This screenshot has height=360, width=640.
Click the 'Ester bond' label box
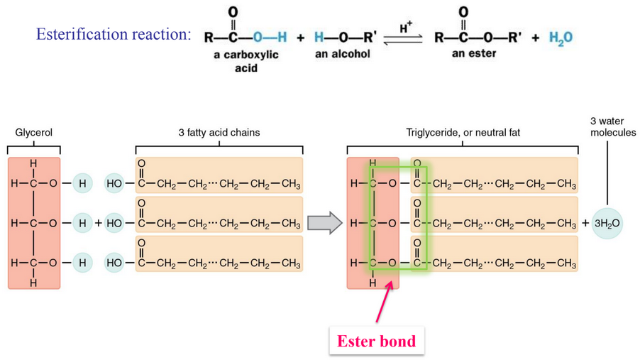[x=376, y=342]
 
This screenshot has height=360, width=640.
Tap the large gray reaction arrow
[x=324, y=223]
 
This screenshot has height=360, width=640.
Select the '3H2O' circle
[x=607, y=224]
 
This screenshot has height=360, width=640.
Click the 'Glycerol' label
[x=34, y=132]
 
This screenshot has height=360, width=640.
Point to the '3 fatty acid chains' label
[x=219, y=132]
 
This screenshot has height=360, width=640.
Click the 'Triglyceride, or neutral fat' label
[x=463, y=132]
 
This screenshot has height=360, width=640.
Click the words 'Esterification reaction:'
[x=114, y=34]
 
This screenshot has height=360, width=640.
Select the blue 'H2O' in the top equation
[x=561, y=38]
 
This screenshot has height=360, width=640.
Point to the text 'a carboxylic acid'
[x=245, y=61]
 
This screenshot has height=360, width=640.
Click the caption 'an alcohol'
[x=343, y=54]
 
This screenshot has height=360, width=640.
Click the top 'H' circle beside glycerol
[x=82, y=184]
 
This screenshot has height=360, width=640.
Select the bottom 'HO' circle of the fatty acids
[x=114, y=263]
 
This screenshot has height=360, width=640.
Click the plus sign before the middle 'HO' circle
[x=98, y=224]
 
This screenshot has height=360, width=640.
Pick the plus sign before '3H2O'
[x=585, y=224]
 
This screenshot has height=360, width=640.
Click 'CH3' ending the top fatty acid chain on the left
[x=291, y=185]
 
